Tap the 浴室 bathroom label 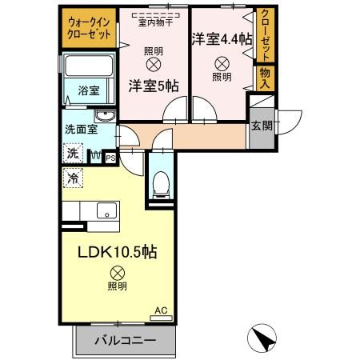pyautogui.click(x=88, y=91)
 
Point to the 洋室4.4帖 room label pyautogui.click(x=222, y=37)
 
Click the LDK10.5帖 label pyautogui.click(x=116, y=251)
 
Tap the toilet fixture pyautogui.click(x=160, y=183)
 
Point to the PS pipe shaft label pyautogui.click(x=110, y=157)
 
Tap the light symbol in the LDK pyautogui.click(x=117, y=271)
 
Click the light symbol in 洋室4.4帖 pyautogui.click(x=221, y=63)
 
